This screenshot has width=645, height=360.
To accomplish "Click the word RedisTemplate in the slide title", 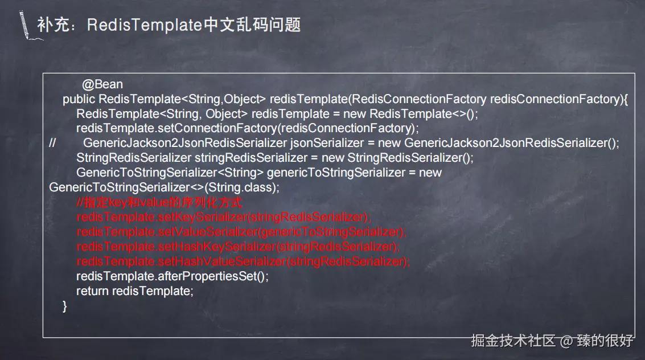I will point(145,24).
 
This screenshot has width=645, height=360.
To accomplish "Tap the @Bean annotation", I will point(102,84).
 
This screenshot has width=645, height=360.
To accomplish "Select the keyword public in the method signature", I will point(79,99).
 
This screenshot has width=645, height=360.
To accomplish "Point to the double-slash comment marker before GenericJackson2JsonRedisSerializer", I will point(52,143).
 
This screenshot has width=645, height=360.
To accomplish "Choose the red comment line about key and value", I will point(160,202).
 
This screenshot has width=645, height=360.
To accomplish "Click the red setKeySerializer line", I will point(224,217).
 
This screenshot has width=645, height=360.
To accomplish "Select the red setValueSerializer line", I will point(241,232).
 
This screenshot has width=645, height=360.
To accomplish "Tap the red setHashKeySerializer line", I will point(238,247).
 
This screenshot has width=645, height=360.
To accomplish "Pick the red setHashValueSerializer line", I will point(243,261).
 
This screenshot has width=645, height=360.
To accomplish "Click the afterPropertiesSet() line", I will point(172,276).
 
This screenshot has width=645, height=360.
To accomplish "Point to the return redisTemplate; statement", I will point(135,291).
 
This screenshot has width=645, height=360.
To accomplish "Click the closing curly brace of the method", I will point(64,306).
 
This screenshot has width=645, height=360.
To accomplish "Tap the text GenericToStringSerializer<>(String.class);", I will point(165,187).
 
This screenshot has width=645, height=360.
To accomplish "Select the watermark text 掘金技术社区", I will point(513,341).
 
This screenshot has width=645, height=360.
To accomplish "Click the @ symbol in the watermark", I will point(566,341).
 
